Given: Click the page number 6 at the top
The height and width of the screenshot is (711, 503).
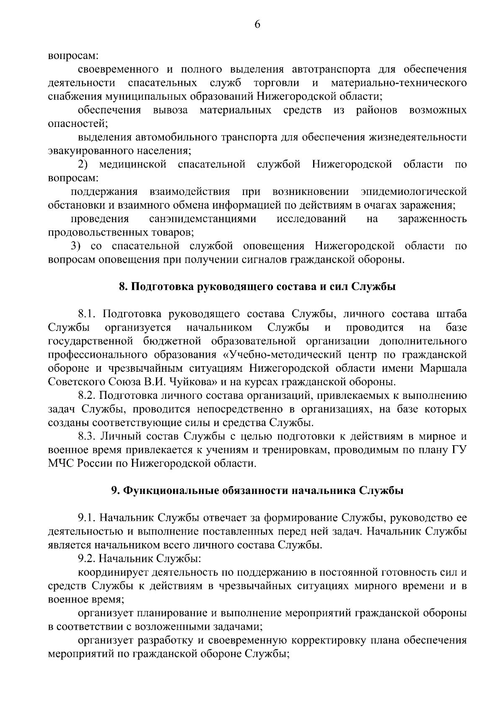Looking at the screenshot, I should (257, 25).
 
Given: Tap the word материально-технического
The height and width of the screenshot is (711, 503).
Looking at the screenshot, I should (399, 83).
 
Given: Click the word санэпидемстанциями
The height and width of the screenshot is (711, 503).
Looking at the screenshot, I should (203, 219).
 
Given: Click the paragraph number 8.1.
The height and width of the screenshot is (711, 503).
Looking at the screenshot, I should (88, 314).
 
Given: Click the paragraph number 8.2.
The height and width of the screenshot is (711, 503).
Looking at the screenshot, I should (88, 395).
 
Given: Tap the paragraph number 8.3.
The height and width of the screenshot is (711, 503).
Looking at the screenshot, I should (88, 436).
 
